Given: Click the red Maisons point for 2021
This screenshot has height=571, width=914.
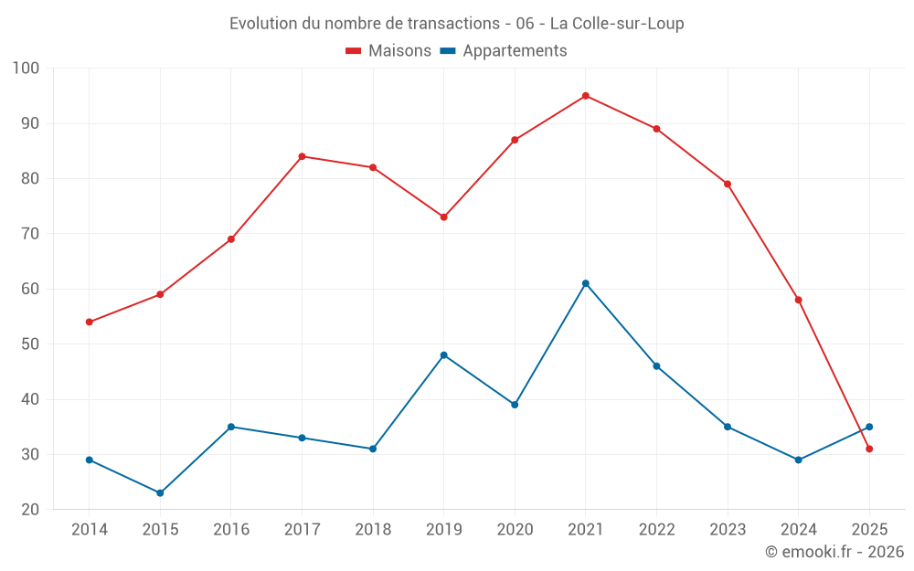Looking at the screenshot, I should click(586, 96).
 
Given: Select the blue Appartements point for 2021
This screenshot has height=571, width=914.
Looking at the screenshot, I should click(586, 283).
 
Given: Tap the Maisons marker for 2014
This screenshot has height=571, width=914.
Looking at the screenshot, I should click(90, 323).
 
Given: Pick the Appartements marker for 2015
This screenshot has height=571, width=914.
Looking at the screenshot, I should click(160, 493).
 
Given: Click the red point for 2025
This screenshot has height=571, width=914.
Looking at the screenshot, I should click(869, 449).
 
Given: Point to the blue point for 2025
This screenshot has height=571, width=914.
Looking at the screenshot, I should click(869, 427).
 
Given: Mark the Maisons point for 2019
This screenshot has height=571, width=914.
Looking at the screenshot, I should click(444, 217).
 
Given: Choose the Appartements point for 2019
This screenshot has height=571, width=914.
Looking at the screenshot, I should click(444, 355).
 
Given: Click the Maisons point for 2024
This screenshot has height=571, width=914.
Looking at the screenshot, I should click(799, 300).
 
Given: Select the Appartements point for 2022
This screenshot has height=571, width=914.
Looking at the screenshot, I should click(656, 366).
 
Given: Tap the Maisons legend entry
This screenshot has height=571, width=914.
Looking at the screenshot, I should click(388, 51).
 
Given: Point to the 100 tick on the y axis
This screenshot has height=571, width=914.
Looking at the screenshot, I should click(27, 69).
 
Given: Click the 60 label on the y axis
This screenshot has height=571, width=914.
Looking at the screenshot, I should click(31, 290).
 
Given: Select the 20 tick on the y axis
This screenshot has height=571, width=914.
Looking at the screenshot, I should click(31, 510).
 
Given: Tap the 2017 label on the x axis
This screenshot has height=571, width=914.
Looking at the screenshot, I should click(302, 530).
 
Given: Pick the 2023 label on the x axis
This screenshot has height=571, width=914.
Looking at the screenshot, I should click(728, 530).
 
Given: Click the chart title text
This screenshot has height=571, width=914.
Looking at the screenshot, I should click(457, 24).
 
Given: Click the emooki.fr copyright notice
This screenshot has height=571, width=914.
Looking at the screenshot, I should click(834, 552).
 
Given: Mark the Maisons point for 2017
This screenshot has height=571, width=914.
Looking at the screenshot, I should click(302, 156).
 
